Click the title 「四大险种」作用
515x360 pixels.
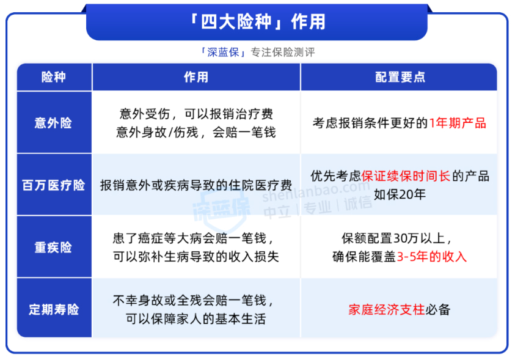click(257, 21)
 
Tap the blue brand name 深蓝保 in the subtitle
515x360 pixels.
click(224, 52)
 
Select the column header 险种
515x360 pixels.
click(54, 77)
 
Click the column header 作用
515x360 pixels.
click(196, 77)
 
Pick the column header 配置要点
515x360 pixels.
click(400, 77)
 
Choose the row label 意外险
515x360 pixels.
click(54, 123)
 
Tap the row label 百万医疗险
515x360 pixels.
click(54, 185)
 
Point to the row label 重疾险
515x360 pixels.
click(54, 248)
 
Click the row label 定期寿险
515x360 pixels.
click(54, 309)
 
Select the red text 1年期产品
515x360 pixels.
click(458, 123)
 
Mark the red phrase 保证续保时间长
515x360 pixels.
click(406, 176)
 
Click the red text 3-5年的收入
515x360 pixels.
click(432, 257)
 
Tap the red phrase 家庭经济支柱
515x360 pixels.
click(387, 309)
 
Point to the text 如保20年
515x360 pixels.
click(400, 194)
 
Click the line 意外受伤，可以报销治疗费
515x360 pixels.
click(196, 114)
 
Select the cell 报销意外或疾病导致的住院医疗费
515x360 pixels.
click(196, 185)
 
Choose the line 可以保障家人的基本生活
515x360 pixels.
click(196, 318)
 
